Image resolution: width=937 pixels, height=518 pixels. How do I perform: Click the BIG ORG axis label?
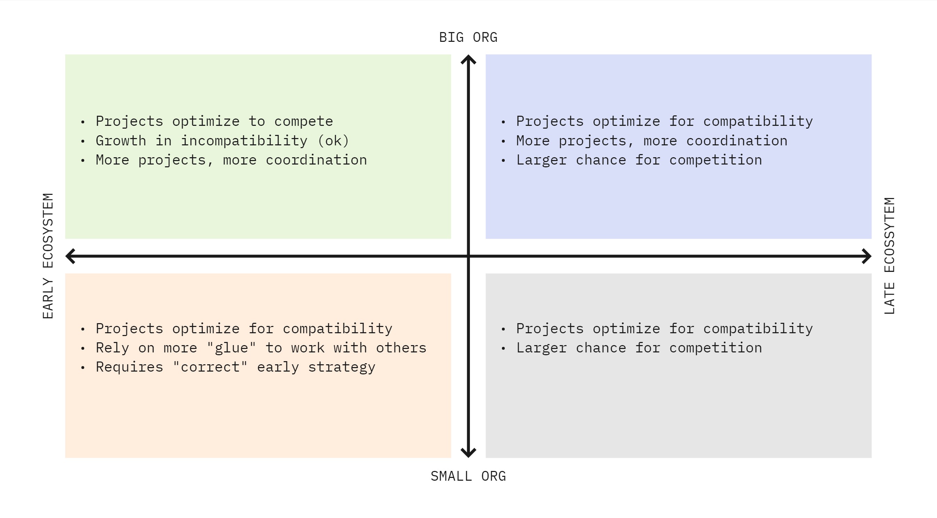[x=468, y=38]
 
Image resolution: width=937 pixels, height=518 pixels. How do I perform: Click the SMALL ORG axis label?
[x=468, y=476]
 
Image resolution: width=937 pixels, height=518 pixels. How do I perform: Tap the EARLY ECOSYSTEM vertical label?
[x=48, y=256]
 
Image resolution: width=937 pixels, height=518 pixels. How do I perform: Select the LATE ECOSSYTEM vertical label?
[x=889, y=256]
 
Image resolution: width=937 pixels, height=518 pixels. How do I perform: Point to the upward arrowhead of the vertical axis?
[x=468, y=59]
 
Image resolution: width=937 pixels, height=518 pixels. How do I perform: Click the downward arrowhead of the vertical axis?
[x=468, y=453]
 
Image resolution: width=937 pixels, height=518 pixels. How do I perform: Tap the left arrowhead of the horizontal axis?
[x=70, y=256]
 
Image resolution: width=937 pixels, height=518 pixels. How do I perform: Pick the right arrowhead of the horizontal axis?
[x=867, y=256]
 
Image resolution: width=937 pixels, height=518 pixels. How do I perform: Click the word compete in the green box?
[x=303, y=121]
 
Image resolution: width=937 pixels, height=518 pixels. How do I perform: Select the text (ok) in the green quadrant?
[x=334, y=140]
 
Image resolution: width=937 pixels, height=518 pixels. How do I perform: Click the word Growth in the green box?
[x=121, y=140]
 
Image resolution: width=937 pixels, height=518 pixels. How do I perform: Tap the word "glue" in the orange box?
[x=231, y=348]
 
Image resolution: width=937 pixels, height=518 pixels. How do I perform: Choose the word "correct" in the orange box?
[x=210, y=367]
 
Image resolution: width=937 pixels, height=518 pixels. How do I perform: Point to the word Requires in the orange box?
[x=130, y=367]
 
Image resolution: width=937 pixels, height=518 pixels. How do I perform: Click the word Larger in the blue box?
[x=542, y=160]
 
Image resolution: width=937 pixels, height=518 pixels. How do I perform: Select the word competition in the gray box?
[x=715, y=348]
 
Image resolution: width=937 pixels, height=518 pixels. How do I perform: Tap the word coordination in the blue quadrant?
[x=737, y=140]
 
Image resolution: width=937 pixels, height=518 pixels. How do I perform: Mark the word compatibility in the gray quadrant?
[x=758, y=329]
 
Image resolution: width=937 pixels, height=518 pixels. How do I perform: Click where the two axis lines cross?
[x=468, y=256]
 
